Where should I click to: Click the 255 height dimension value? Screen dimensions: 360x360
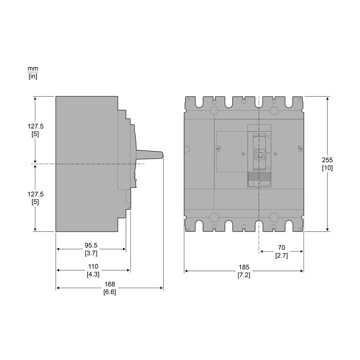[x=327, y=160]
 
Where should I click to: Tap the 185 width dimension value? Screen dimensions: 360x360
[x=244, y=267]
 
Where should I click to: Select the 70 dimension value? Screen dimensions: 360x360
[x=281, y=247]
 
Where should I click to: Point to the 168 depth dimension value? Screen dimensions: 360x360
[x=110, y=284]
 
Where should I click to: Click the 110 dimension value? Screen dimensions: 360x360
[x=93, y=266]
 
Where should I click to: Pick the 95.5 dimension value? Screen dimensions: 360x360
[x=91, y=245]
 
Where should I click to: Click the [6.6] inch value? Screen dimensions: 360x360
[x=110, y=292]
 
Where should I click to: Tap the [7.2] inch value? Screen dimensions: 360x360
[x=244, y=275]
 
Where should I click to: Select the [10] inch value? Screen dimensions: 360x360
[x=327, y=168]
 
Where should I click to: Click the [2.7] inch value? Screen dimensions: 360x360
[x=281, y=256]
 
